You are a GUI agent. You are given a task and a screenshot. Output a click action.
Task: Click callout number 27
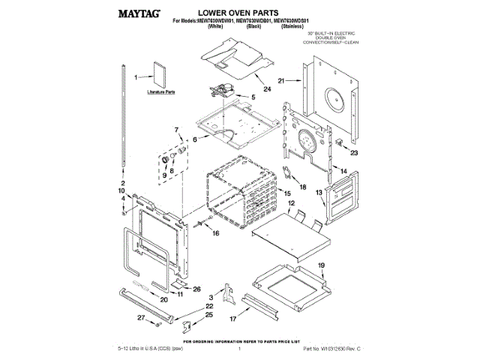point(139,318)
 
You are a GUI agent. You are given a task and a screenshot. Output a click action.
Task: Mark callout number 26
point(197,289)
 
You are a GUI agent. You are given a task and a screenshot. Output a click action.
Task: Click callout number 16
point(216,234)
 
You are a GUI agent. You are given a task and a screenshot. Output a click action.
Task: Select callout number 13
point(319,193)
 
